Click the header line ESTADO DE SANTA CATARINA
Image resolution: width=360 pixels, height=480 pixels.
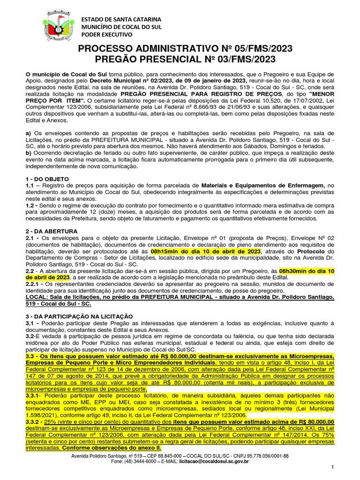tap(121, 19)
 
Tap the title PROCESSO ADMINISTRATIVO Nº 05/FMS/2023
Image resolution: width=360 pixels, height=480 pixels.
tap(180, 49)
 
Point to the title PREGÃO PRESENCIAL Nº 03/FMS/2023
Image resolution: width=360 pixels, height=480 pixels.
tap(180, 60)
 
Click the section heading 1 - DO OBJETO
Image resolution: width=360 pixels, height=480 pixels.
tap(47, 179)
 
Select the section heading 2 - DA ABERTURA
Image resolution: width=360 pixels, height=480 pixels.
tap(51, 231)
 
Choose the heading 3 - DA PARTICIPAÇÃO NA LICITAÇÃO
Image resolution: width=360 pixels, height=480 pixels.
tap(80, 316)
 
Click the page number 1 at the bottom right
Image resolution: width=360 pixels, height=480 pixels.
tap(332, 467)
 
